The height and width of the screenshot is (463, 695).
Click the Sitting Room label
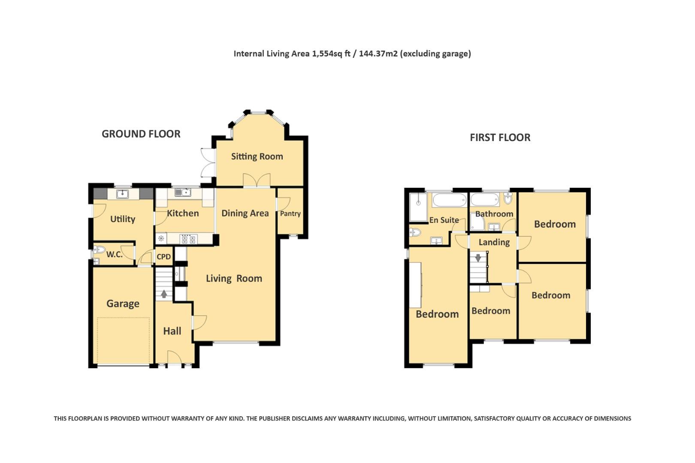257,156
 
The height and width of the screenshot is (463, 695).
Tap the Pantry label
290,213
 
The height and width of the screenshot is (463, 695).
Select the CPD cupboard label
164,257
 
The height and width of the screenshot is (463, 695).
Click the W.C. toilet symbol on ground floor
100,250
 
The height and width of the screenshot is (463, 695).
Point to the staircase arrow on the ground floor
164,294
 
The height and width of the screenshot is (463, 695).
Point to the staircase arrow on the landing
478,258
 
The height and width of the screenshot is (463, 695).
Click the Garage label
123,304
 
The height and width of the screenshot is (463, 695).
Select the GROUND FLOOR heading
141,134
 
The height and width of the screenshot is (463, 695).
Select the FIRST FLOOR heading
500,138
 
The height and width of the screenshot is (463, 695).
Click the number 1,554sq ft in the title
330,54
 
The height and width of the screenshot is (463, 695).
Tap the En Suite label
444,220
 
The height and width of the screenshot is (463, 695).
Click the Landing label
494,242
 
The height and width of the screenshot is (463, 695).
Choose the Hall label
172,331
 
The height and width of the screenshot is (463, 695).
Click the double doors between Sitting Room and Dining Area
257,180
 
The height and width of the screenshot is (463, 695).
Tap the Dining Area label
245,213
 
